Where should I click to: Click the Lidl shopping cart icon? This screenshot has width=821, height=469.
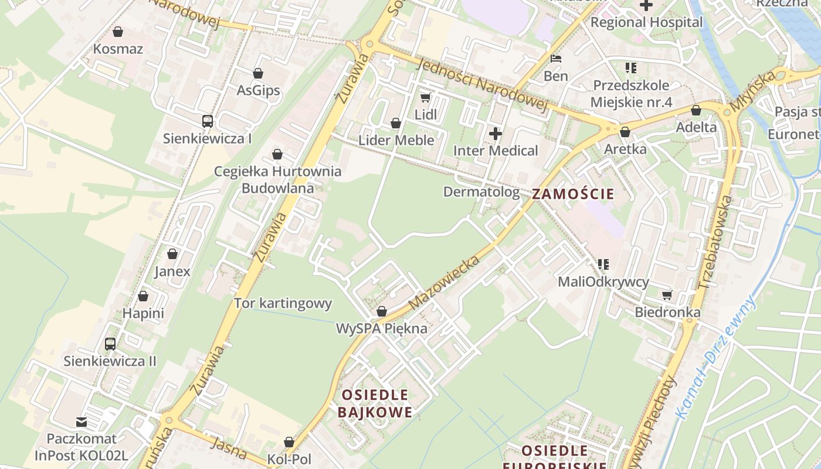(425, 97)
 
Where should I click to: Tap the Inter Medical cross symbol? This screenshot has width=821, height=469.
(496, 134)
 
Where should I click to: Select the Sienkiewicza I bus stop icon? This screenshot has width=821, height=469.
(208, 121)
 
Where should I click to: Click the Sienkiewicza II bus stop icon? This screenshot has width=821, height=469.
(110, 344)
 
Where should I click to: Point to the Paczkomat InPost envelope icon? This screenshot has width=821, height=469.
(82, 422)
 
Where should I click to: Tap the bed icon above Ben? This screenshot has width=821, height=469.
(556, 59)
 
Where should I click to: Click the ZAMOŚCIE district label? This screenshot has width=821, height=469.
(573, 194)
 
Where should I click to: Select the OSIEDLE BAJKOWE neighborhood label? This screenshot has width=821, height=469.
(375, 403)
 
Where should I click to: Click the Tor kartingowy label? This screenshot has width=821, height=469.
(283, 304)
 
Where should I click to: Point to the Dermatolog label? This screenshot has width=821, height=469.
(481, 192)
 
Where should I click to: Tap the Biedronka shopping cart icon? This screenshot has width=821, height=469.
(667, 294)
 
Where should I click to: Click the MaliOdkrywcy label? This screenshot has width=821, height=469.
(603, 282)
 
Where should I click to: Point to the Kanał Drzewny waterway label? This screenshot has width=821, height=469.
(715, 358)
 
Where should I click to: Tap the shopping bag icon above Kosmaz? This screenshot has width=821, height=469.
(118, 32)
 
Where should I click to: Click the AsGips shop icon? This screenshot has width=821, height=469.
(258, 73)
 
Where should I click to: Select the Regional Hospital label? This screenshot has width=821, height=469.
(646, 22)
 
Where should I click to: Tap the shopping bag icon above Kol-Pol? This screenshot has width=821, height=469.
(289, 441)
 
